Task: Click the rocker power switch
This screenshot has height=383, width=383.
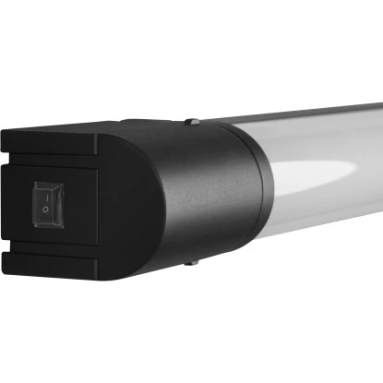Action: [x=46, y=202]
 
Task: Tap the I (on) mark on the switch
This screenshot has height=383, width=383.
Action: [x=48, y=192]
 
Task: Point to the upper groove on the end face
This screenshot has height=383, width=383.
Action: [x=55, y=159]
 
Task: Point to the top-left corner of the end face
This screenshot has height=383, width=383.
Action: [x=3, y=132]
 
